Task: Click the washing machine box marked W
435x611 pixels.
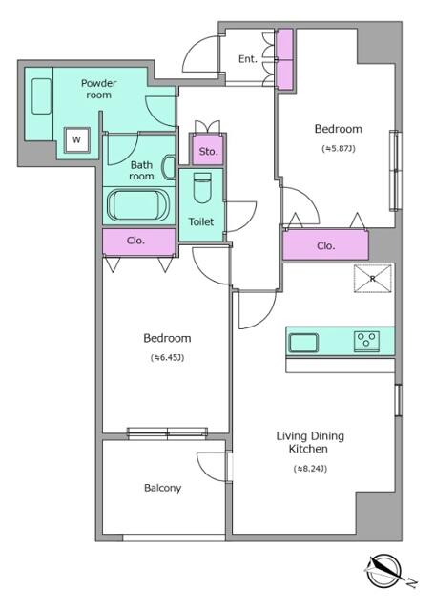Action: click(77, 139)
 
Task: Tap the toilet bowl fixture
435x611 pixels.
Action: click(202, 188)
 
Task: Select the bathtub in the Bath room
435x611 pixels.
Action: click(138, 205)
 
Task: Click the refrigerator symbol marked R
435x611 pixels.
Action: click(372, 278)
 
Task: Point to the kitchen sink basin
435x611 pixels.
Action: click(303, 343)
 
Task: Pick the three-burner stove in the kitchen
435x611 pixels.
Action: click(367, 342)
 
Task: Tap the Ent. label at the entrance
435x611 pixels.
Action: click(248, 59)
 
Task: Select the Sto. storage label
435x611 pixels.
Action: click(208, 151)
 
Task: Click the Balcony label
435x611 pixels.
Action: click(162, 488)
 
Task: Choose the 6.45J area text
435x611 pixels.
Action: click(167, 357)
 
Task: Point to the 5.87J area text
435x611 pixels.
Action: click(339, 148)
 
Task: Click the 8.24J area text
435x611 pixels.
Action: click(310, 469)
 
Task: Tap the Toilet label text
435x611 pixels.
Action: click(201, 221)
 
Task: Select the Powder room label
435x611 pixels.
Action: click(98, 89)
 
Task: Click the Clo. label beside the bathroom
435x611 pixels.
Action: click(135, 241)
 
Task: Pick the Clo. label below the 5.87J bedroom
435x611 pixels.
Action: click(325, 246)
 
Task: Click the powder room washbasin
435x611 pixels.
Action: click(41, 96)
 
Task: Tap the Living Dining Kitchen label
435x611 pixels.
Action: click(310, 442)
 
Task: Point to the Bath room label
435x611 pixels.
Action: click(141, 171)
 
